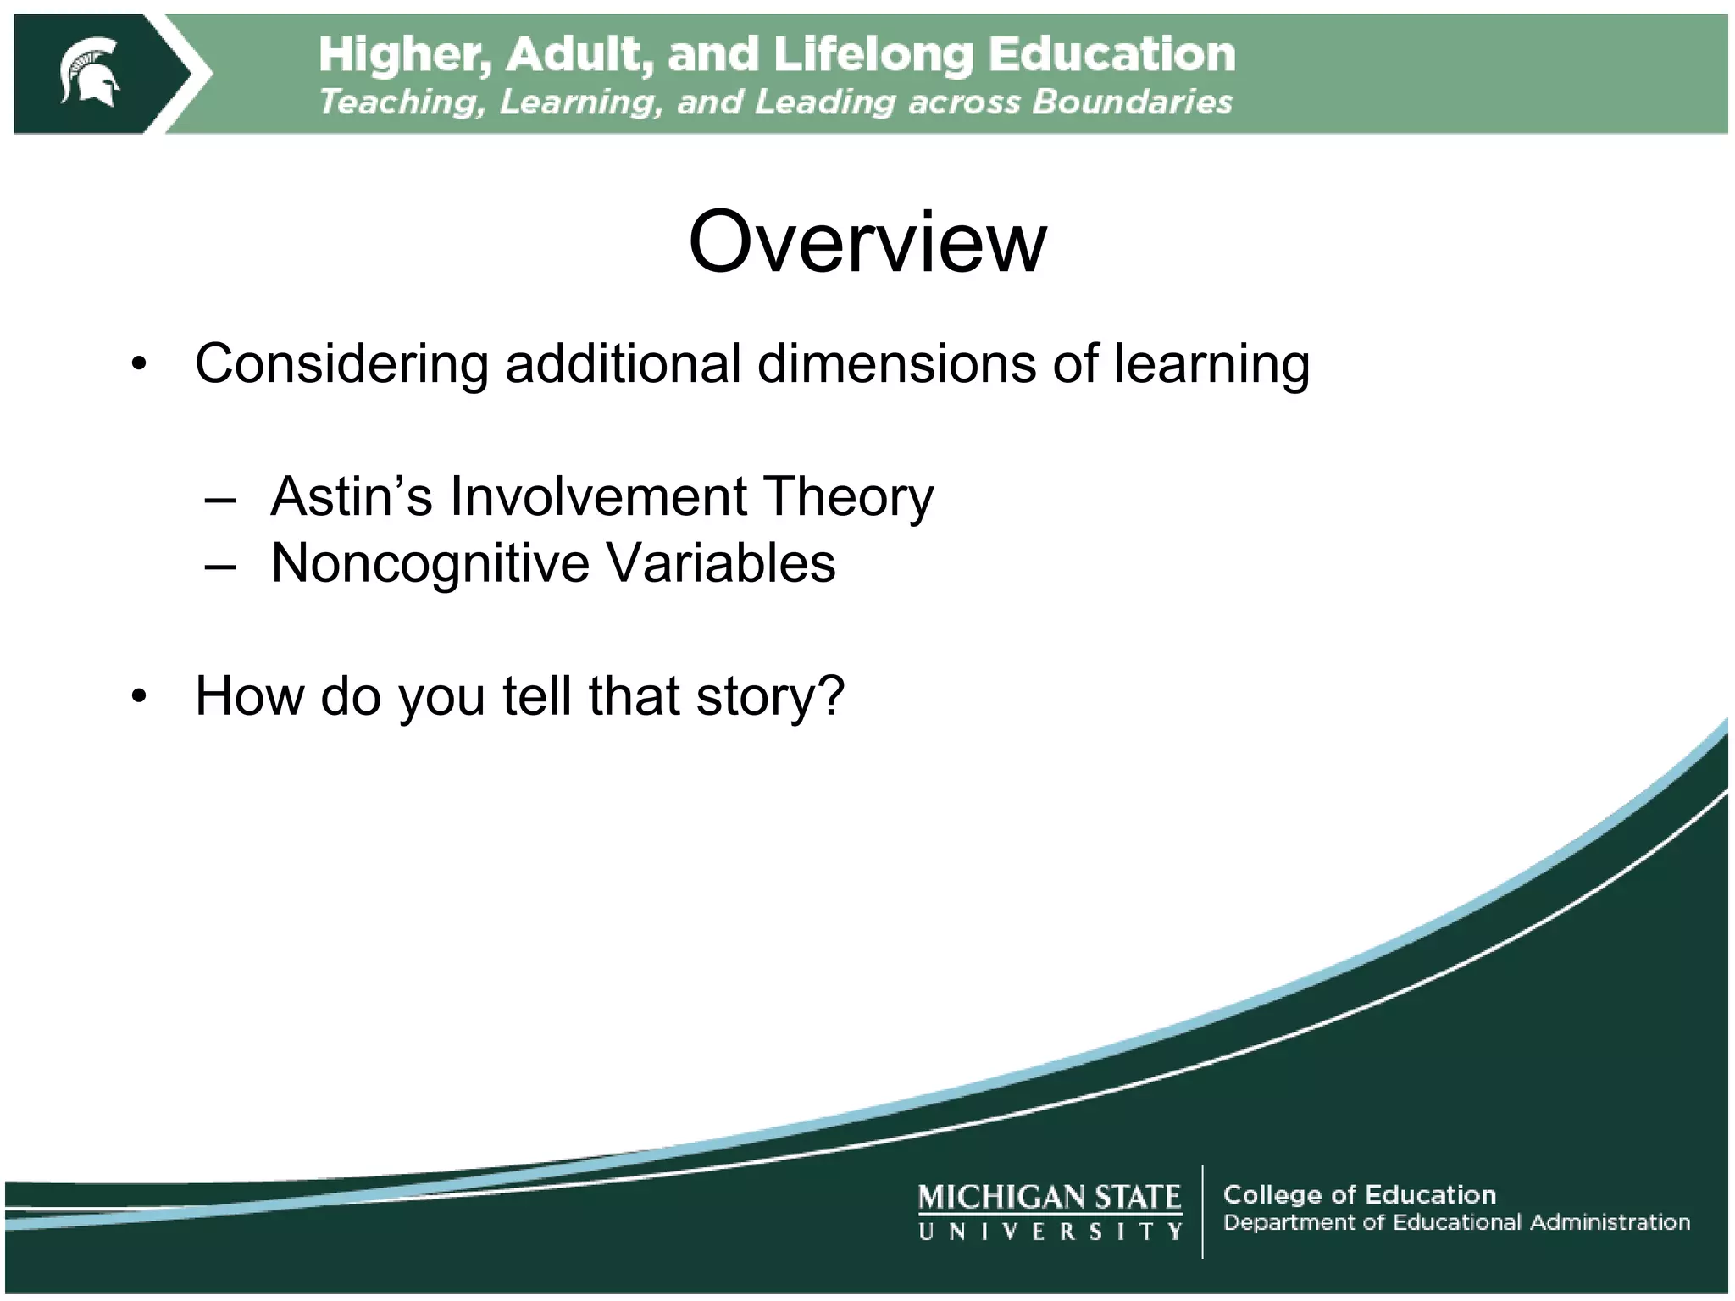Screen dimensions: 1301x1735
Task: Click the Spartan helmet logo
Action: pos(90,73)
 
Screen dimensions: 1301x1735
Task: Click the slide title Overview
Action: pos(867,242)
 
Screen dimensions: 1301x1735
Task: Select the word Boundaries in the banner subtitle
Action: pos(1132,102)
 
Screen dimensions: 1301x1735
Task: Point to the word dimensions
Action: pos(897,364)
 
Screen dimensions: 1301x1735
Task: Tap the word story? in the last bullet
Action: pos(769,698)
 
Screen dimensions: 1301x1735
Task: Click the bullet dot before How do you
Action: pos(140,697)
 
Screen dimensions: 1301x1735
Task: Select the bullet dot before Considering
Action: pos(140,365)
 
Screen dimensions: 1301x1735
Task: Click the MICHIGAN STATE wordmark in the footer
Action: pos(1049,1197)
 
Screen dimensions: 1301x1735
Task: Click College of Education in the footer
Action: pos(1359,1194)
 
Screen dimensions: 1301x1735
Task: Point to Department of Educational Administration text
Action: pos(1455,1222)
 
